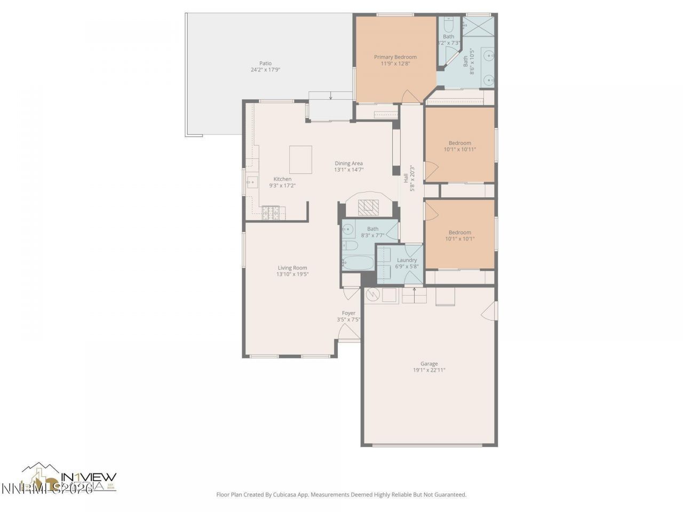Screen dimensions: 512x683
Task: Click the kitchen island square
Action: coord(300,160)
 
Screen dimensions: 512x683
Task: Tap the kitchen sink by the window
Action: coord(251,182)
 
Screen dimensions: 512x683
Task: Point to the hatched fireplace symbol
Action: coord(367,207)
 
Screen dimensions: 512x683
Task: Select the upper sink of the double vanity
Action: coord(488,55)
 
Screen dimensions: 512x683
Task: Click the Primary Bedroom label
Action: coord(395,57)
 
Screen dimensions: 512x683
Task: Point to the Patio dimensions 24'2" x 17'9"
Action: coord(265,70)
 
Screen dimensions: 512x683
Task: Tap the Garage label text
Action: coord(428,364)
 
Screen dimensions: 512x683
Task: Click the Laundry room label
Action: coord(407,260)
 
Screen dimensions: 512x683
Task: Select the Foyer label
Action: coord(348,313)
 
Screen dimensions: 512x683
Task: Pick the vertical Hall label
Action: coord(406,178)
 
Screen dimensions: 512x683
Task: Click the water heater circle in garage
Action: coord(373,294)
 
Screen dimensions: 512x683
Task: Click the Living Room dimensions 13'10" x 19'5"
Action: coord(292,274)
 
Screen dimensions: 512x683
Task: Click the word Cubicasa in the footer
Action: coord(285,495)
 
